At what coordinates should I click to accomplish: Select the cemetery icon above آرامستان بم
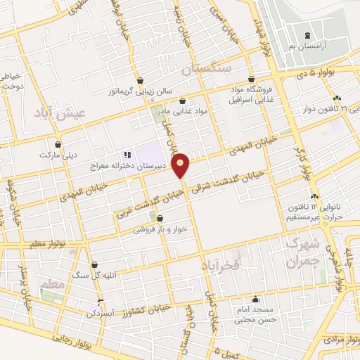309,35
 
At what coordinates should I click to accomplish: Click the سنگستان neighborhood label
206,70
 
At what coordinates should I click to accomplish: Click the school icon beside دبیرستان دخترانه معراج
127,155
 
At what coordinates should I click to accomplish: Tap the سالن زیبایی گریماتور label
141,91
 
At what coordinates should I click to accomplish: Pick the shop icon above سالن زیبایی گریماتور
141,79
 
